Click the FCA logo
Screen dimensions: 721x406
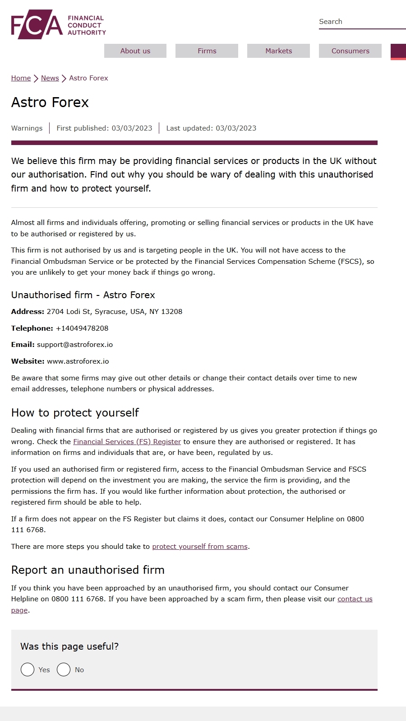tap(58, 24)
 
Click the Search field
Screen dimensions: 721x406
tap(361, 22)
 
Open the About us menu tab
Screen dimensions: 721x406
tap(135, 51)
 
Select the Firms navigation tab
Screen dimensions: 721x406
tap(207, 51)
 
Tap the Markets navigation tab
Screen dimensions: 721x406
tap(278, 51)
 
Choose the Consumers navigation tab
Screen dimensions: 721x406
tap(350, 51)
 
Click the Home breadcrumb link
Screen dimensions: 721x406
tap(21, 78)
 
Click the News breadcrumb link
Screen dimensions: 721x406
tap(50, 78)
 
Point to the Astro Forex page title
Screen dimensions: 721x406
tap(50, 103)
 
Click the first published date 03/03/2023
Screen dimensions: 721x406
tap(132, 128)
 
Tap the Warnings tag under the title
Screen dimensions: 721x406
tap(27, 128)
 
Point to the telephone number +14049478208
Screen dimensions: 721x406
tap(82, 328)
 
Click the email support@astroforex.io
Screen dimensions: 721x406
tap(75, 345)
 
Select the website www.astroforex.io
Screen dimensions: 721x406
tap(78, 361)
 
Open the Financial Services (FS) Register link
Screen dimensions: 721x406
tap(127, 442)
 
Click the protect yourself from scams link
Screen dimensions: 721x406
tap(200, 547)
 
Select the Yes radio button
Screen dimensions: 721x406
tap(28, 669)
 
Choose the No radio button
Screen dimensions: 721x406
tap(64, 669)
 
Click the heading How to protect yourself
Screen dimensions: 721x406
tap(75, 413)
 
